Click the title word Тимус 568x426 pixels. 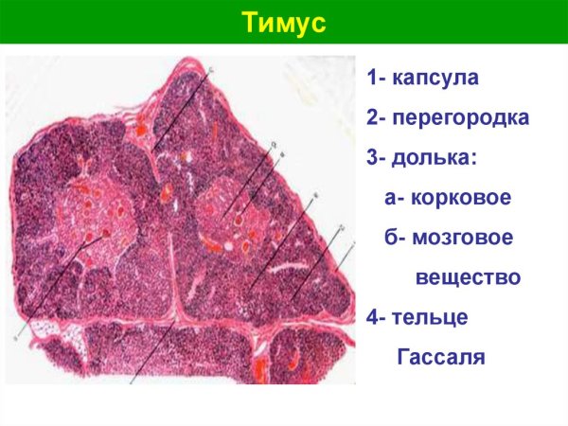(284, 22)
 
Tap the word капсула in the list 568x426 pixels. (437, 78)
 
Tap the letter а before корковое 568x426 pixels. (391, 199)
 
